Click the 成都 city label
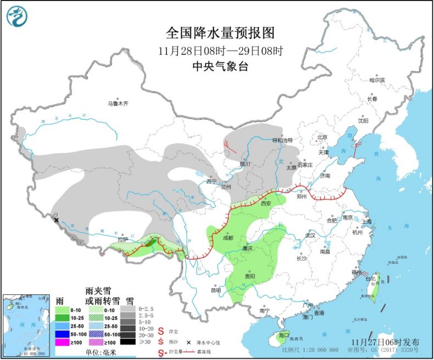click(227, 238)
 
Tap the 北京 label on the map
click(321, 137)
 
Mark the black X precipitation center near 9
click(57, 221)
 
